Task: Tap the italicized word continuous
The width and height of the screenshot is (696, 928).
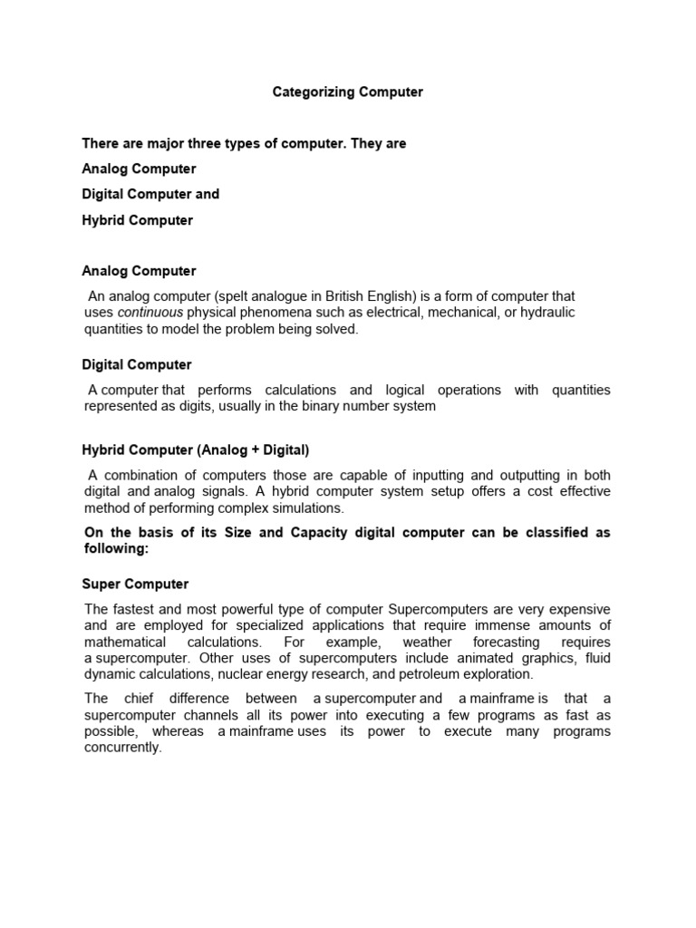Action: click(150, 313)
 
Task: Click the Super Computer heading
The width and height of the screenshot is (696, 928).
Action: click(135, 585)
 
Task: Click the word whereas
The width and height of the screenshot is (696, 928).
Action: click(177, 731)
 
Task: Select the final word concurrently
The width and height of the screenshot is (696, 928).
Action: click(122, 749)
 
